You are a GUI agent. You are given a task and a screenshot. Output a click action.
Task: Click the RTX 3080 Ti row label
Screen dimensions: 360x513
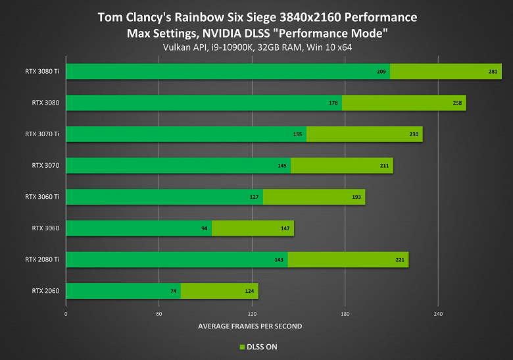tap(42, 71)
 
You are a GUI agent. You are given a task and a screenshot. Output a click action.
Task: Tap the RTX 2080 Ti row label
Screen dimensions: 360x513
tap(42, 259)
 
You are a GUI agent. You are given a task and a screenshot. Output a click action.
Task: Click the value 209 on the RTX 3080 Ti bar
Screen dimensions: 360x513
tap(381, 71)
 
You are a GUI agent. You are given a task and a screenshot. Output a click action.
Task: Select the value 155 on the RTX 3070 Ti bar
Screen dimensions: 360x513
tap(298, 134)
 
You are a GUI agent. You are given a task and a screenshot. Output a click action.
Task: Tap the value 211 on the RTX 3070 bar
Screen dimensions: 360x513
tap(385, 165)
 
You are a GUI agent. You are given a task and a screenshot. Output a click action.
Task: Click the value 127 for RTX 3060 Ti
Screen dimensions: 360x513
tap(255, 197)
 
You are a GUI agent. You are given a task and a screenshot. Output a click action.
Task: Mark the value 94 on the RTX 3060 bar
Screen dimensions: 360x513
tap(205, 228)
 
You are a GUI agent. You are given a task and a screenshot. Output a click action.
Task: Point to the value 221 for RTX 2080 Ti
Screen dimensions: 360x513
tap(400, 259)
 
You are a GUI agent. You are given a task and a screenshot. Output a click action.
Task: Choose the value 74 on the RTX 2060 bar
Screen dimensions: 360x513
tap(174, 291)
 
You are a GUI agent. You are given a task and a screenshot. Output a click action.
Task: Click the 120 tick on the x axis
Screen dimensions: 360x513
tap(253, 313)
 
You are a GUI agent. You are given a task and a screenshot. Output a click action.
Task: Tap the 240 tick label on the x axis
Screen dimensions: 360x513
tap(438, 313)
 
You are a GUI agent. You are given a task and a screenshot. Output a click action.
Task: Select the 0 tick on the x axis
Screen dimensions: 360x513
tap(66, 313)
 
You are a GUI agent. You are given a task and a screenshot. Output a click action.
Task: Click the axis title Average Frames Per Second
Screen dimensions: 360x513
tap(250, 326)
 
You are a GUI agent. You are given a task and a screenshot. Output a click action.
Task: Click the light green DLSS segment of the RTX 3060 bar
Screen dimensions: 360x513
tap(253, 228)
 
